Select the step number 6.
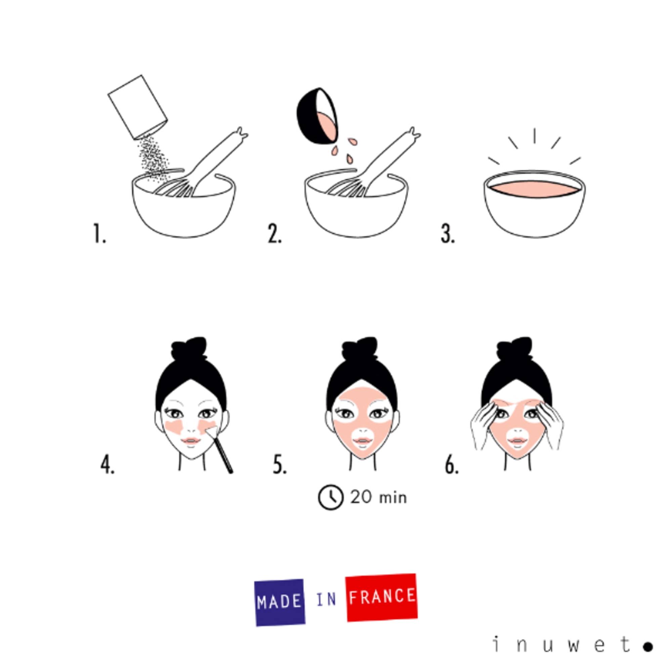452,465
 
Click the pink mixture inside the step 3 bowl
534,189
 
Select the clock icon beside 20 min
330,497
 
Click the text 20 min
378,497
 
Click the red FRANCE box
382,597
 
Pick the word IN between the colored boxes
326,600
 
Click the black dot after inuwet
648,646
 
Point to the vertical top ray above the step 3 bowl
534,136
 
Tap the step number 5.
279,465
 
